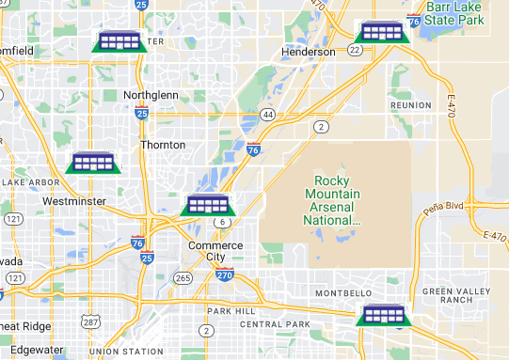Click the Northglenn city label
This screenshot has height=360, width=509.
(x=151, y=95)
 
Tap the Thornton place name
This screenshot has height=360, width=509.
(x=162, y=145)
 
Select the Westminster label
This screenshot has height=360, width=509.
(x=73, y=201)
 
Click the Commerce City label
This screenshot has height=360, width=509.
(x=215, y=251)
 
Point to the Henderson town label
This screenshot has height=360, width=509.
(x=309, y=52)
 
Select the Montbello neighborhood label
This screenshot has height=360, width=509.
(x=342, y=293)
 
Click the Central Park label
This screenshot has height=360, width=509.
(x=274, y=324)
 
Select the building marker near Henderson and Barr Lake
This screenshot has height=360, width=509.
(x=381, y=32)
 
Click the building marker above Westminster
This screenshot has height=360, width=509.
(x=94, y=162)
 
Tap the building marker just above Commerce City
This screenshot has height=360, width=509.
(x=206, y=204)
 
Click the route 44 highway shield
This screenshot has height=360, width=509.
(x=268, y=115)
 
